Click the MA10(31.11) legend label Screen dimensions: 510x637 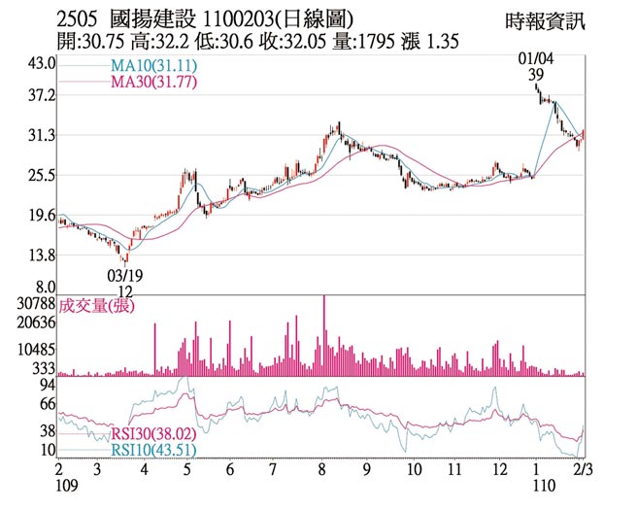[144, 67]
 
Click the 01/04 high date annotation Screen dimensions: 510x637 [537, 60]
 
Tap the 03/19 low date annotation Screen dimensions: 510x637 [122, 277]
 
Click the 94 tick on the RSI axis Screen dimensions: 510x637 [48, 385]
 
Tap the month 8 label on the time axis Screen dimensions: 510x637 [322, 469]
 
